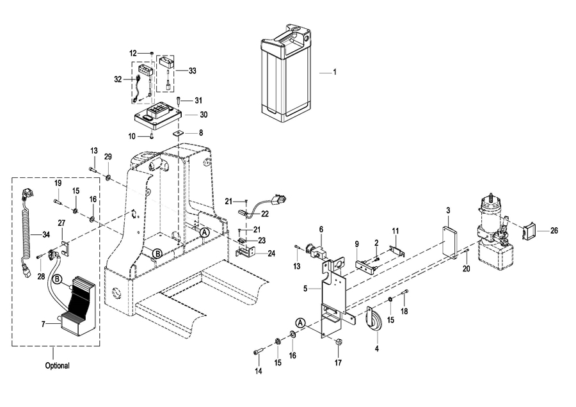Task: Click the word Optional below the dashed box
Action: pyautogui.click(x=58, y=365)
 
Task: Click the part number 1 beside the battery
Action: pyautogui.click(x=335, y=72)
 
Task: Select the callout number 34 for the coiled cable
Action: pyautogui.click(x=46, y=234)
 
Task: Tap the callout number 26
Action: pyautogui.click(x=554, y=230)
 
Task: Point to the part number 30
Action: pyautogui.click(x=204, y=115)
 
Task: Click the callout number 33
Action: pyautogui.click(x=192, y=71)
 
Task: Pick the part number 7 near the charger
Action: pyautogui.click(x=44, y=324)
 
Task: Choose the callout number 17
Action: pyautogui.click(x=338, y=363)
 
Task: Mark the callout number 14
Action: pyautogui.click(x=259, y=371)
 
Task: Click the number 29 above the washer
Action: pyautogui.click(x=108, y=157)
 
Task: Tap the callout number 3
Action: pyautogui.click(x=448, y=211)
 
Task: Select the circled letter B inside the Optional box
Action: pyautogui.click(x=58, y=280)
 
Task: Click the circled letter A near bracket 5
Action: pyautogui.click(x=301, y=323)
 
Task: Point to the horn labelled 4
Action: pyautogui.click(x=374, y=321)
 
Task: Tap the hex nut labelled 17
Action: pyautogui.click(x=338, y=343)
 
